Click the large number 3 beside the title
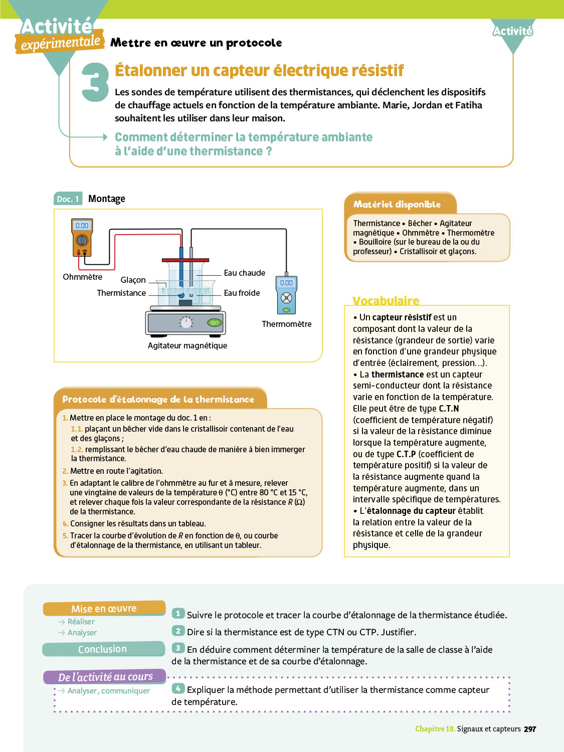tap(95, 82)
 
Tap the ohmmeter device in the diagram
tap(82, 238)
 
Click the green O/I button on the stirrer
tap(215, 322)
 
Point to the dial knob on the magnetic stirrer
tap(186, 323)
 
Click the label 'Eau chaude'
tap(245, 273)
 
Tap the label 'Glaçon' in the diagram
tap(133, 280)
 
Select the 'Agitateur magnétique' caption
tap(187, 345)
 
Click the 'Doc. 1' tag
tap(68, 199)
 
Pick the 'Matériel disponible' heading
tap(397, 204)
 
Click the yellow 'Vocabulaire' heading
tap(386, 300)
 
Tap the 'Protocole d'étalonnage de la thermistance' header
tap(158, 399)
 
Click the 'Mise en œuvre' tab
tap(104, 609)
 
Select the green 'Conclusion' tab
tap(103, 649)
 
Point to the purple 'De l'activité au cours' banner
tap(105, 677)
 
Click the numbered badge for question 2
tap(178, 631)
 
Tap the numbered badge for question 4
tap(178, 689)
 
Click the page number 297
tap(530, 729)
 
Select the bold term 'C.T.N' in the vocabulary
tap(449, 409)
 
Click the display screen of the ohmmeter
tap(82, 226)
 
